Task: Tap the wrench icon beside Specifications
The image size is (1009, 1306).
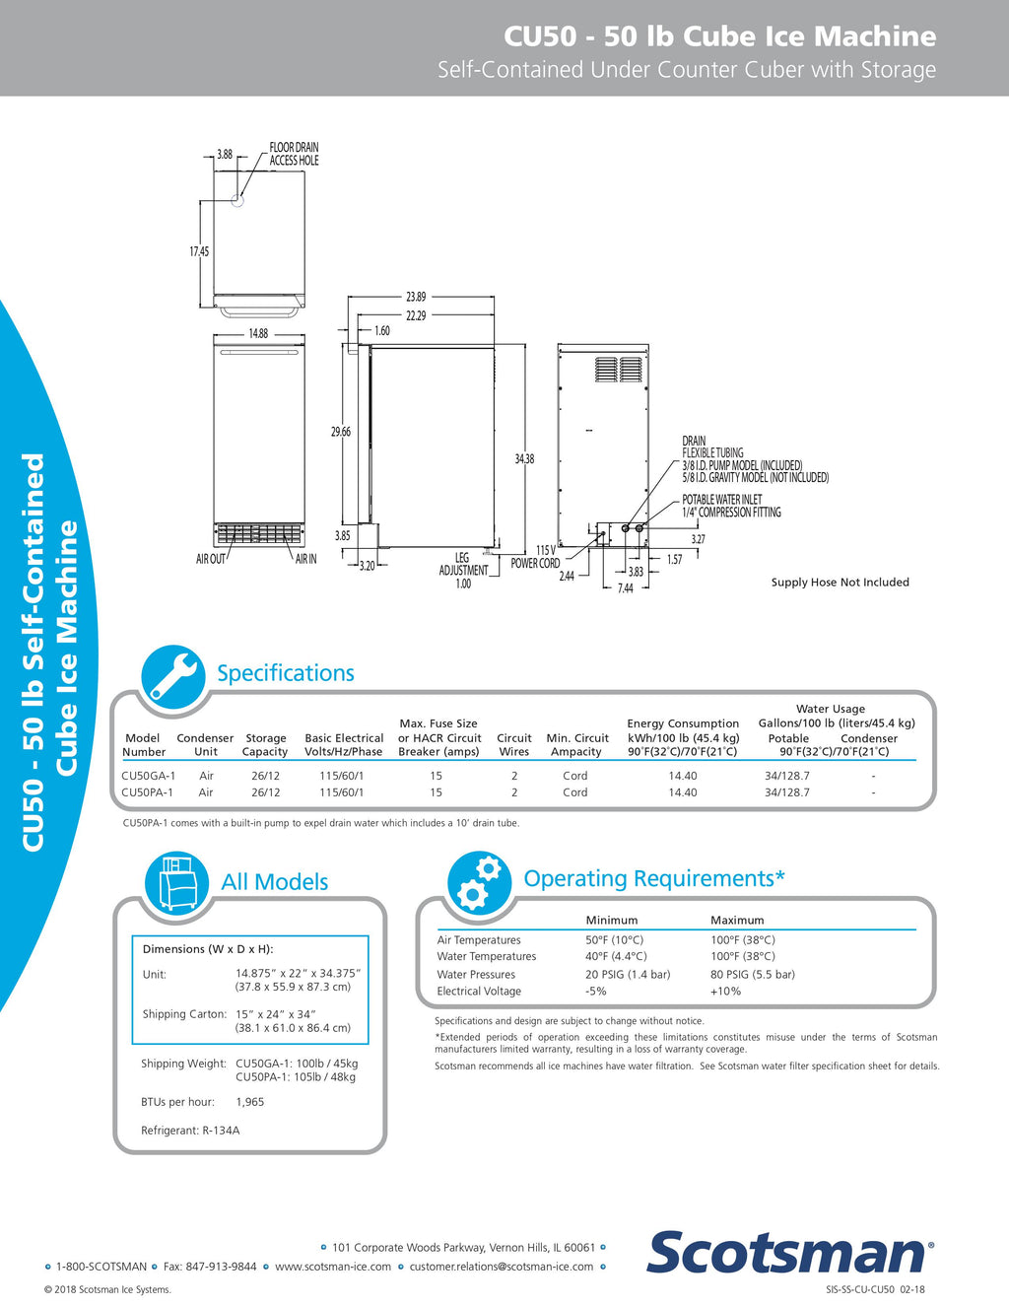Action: [172, 677]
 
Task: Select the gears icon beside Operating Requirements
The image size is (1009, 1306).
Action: [479, 882]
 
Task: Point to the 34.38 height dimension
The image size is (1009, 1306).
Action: [524, 459]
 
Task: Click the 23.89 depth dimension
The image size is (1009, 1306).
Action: [416, 297]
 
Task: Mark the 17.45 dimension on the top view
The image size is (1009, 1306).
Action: [199, 251]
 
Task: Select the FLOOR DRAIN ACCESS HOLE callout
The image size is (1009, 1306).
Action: [294, 154]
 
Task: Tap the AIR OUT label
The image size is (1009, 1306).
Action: [211, 559]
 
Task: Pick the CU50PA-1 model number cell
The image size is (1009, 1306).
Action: [147, 792]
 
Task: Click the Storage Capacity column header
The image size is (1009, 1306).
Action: [265, 744]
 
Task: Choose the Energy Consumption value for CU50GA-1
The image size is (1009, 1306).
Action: [683, 776]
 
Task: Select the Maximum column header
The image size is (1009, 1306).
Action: [737, 920]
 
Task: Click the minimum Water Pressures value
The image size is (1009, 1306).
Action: [628, 975]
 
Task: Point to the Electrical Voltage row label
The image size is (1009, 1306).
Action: [479, 992]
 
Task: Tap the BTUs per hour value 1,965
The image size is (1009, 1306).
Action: [250, 1102]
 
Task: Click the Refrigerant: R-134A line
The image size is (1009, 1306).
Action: [190, 1131]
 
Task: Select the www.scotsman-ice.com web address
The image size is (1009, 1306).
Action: [333, 1267]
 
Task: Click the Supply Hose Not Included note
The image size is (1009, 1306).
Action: [840, 583]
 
